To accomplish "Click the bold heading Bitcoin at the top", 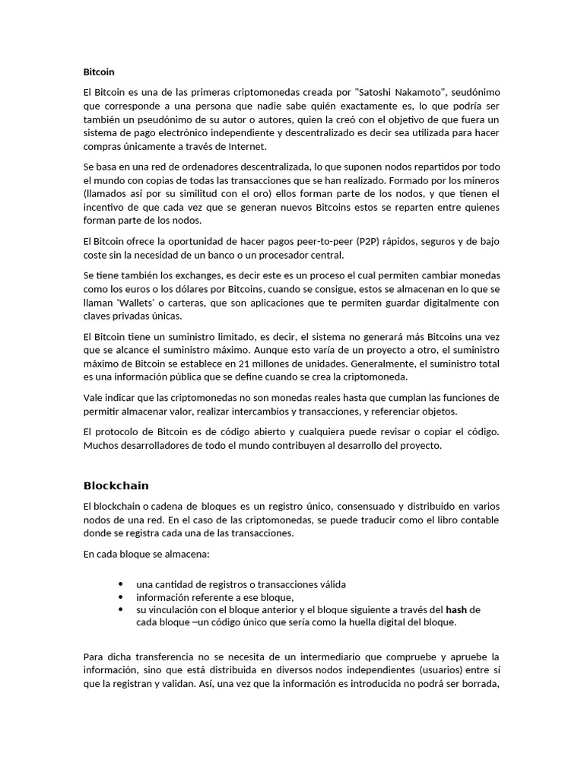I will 99,72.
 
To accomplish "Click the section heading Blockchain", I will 116,485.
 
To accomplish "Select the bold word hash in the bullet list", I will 456,609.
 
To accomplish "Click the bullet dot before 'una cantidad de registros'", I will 121,583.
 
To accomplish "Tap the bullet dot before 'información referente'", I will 121,596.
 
